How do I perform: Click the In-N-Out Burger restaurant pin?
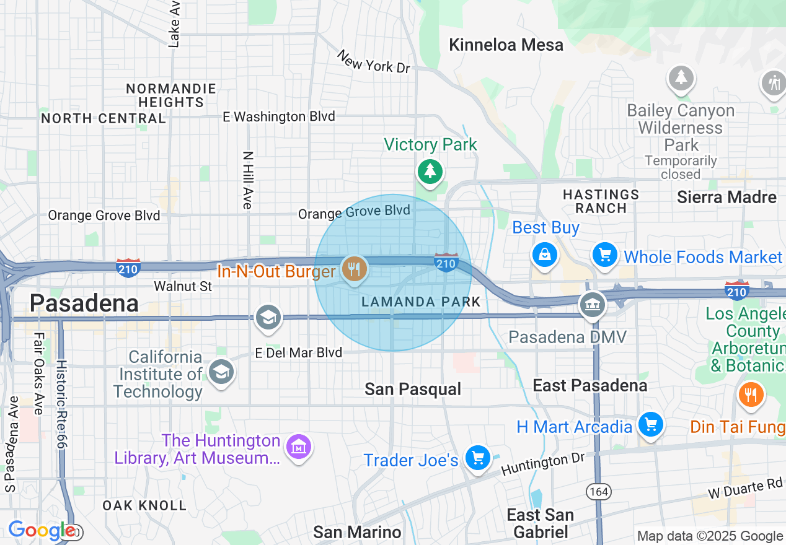(x=354, y=269)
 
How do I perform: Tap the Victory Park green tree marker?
(x=430, y=170)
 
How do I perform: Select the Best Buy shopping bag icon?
(x=544, y=255)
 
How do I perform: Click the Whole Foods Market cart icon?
(x=605, y=255)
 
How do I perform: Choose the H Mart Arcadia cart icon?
(x=650, y=425)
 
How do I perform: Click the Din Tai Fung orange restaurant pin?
(x=751, y=394)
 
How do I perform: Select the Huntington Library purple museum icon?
(x=298, y=446)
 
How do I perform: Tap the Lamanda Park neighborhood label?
(x=421, y=302)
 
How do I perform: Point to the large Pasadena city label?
(x=84, y=303)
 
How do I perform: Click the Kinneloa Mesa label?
(x=506, y=45)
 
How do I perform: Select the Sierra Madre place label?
(x=726, y=198)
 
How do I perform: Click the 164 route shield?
(x=599, y=492)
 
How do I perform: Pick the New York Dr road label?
(x=373, y=62)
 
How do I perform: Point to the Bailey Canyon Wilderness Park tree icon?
(x=681, y=78)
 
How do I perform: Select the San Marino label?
(x=357, y=532)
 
